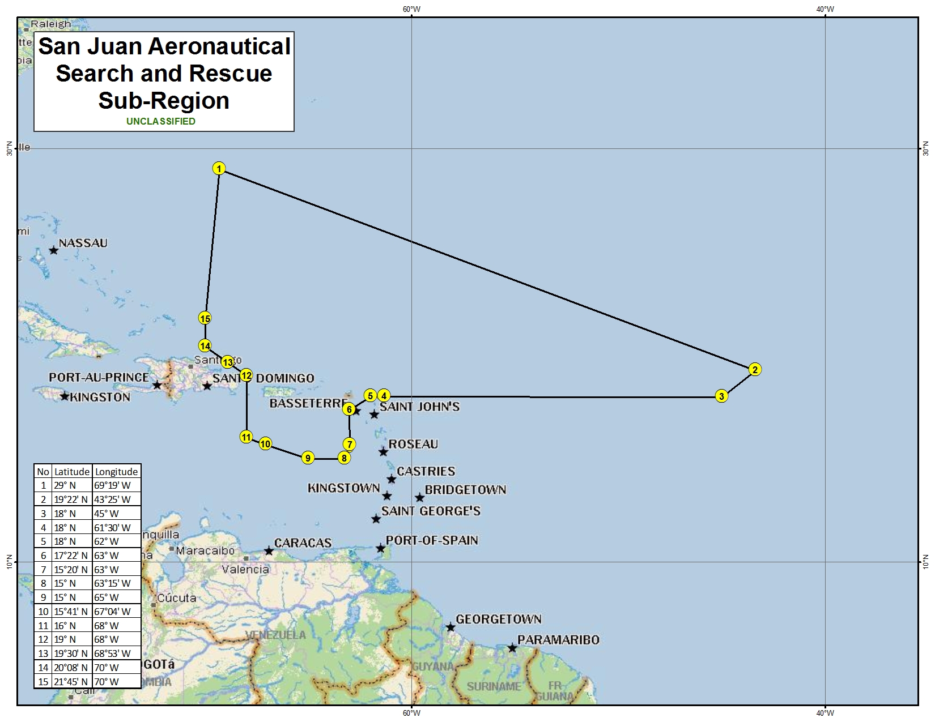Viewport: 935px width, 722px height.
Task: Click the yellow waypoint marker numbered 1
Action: click(219, 168)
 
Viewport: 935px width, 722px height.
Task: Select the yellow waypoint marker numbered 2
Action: click(754, 369)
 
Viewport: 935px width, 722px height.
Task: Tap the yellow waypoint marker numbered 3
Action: click(721, 396)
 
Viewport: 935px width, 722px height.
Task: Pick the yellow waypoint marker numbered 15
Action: click(205, 318)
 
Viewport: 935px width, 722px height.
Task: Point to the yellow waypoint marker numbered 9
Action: click(308, 458)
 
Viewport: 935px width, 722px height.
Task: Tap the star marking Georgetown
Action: click(450, 627)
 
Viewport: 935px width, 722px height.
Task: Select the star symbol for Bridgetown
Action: click(419, 498)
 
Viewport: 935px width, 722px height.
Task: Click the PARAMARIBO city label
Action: click(558, 640)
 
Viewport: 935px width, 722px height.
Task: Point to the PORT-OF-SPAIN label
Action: click(432, 540)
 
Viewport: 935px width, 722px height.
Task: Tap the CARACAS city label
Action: click(303, 542)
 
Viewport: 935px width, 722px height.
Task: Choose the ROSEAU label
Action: click(413, 444)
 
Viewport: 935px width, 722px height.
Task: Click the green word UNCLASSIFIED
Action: click(161, 121)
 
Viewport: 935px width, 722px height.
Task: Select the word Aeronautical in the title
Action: click(220, 46)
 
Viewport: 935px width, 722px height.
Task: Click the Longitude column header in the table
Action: click(116, 471)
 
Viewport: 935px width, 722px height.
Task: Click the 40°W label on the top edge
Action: click(825, 8)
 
